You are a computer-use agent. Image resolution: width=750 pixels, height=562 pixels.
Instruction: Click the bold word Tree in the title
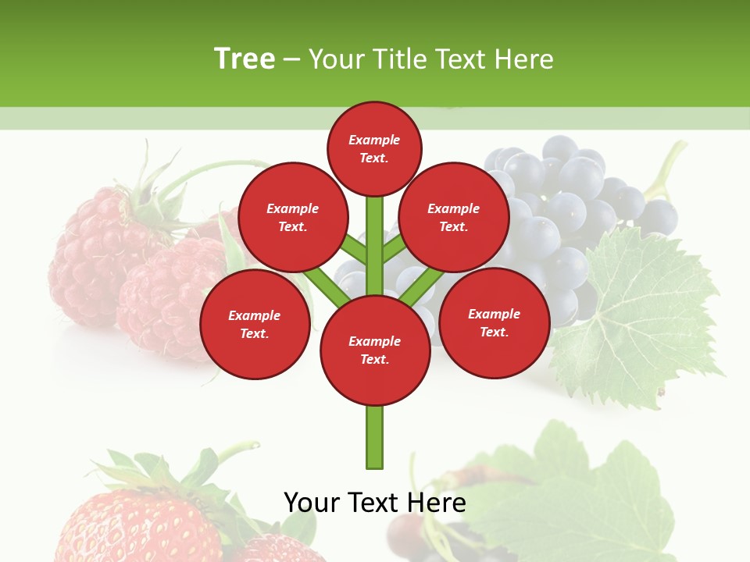tap(245, 59)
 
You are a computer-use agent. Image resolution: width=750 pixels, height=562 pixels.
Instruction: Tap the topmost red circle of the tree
tap(374, 148)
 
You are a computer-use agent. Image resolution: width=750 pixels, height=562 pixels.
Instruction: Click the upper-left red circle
tap(293, 217)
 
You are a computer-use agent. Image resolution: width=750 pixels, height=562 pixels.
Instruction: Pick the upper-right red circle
tap(454, 217)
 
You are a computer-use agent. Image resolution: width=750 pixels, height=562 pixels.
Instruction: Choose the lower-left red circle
tap(255, 324)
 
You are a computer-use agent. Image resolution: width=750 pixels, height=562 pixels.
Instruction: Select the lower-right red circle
tap(495, 322)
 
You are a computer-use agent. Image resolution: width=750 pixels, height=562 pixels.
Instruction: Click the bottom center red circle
tap(375, 350)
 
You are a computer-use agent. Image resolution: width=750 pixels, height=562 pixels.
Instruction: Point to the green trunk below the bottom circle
tap(375, 437)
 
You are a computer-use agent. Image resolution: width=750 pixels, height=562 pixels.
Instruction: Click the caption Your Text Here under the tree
tap(375, 502)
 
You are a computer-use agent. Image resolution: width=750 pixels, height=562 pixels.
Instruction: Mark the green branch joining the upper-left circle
tap(353, 250)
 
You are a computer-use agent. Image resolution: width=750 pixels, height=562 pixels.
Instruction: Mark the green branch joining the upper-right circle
tap(395, 249)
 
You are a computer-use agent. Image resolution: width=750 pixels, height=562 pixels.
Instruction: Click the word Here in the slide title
tap(525, 59)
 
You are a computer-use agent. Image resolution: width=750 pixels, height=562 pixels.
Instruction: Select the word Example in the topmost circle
tap(374, 140)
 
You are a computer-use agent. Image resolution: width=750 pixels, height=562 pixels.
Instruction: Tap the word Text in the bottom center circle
tap(374, 360)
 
